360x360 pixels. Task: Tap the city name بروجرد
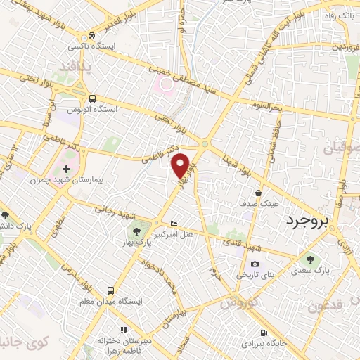tap(308, 222)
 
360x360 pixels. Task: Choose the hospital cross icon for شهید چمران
tap(67, 169)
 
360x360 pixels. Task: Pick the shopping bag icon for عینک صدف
tap(258, 193)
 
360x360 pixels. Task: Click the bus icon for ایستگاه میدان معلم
tap(110, 290)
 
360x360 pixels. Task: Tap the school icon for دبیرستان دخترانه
tap(124, 329)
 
